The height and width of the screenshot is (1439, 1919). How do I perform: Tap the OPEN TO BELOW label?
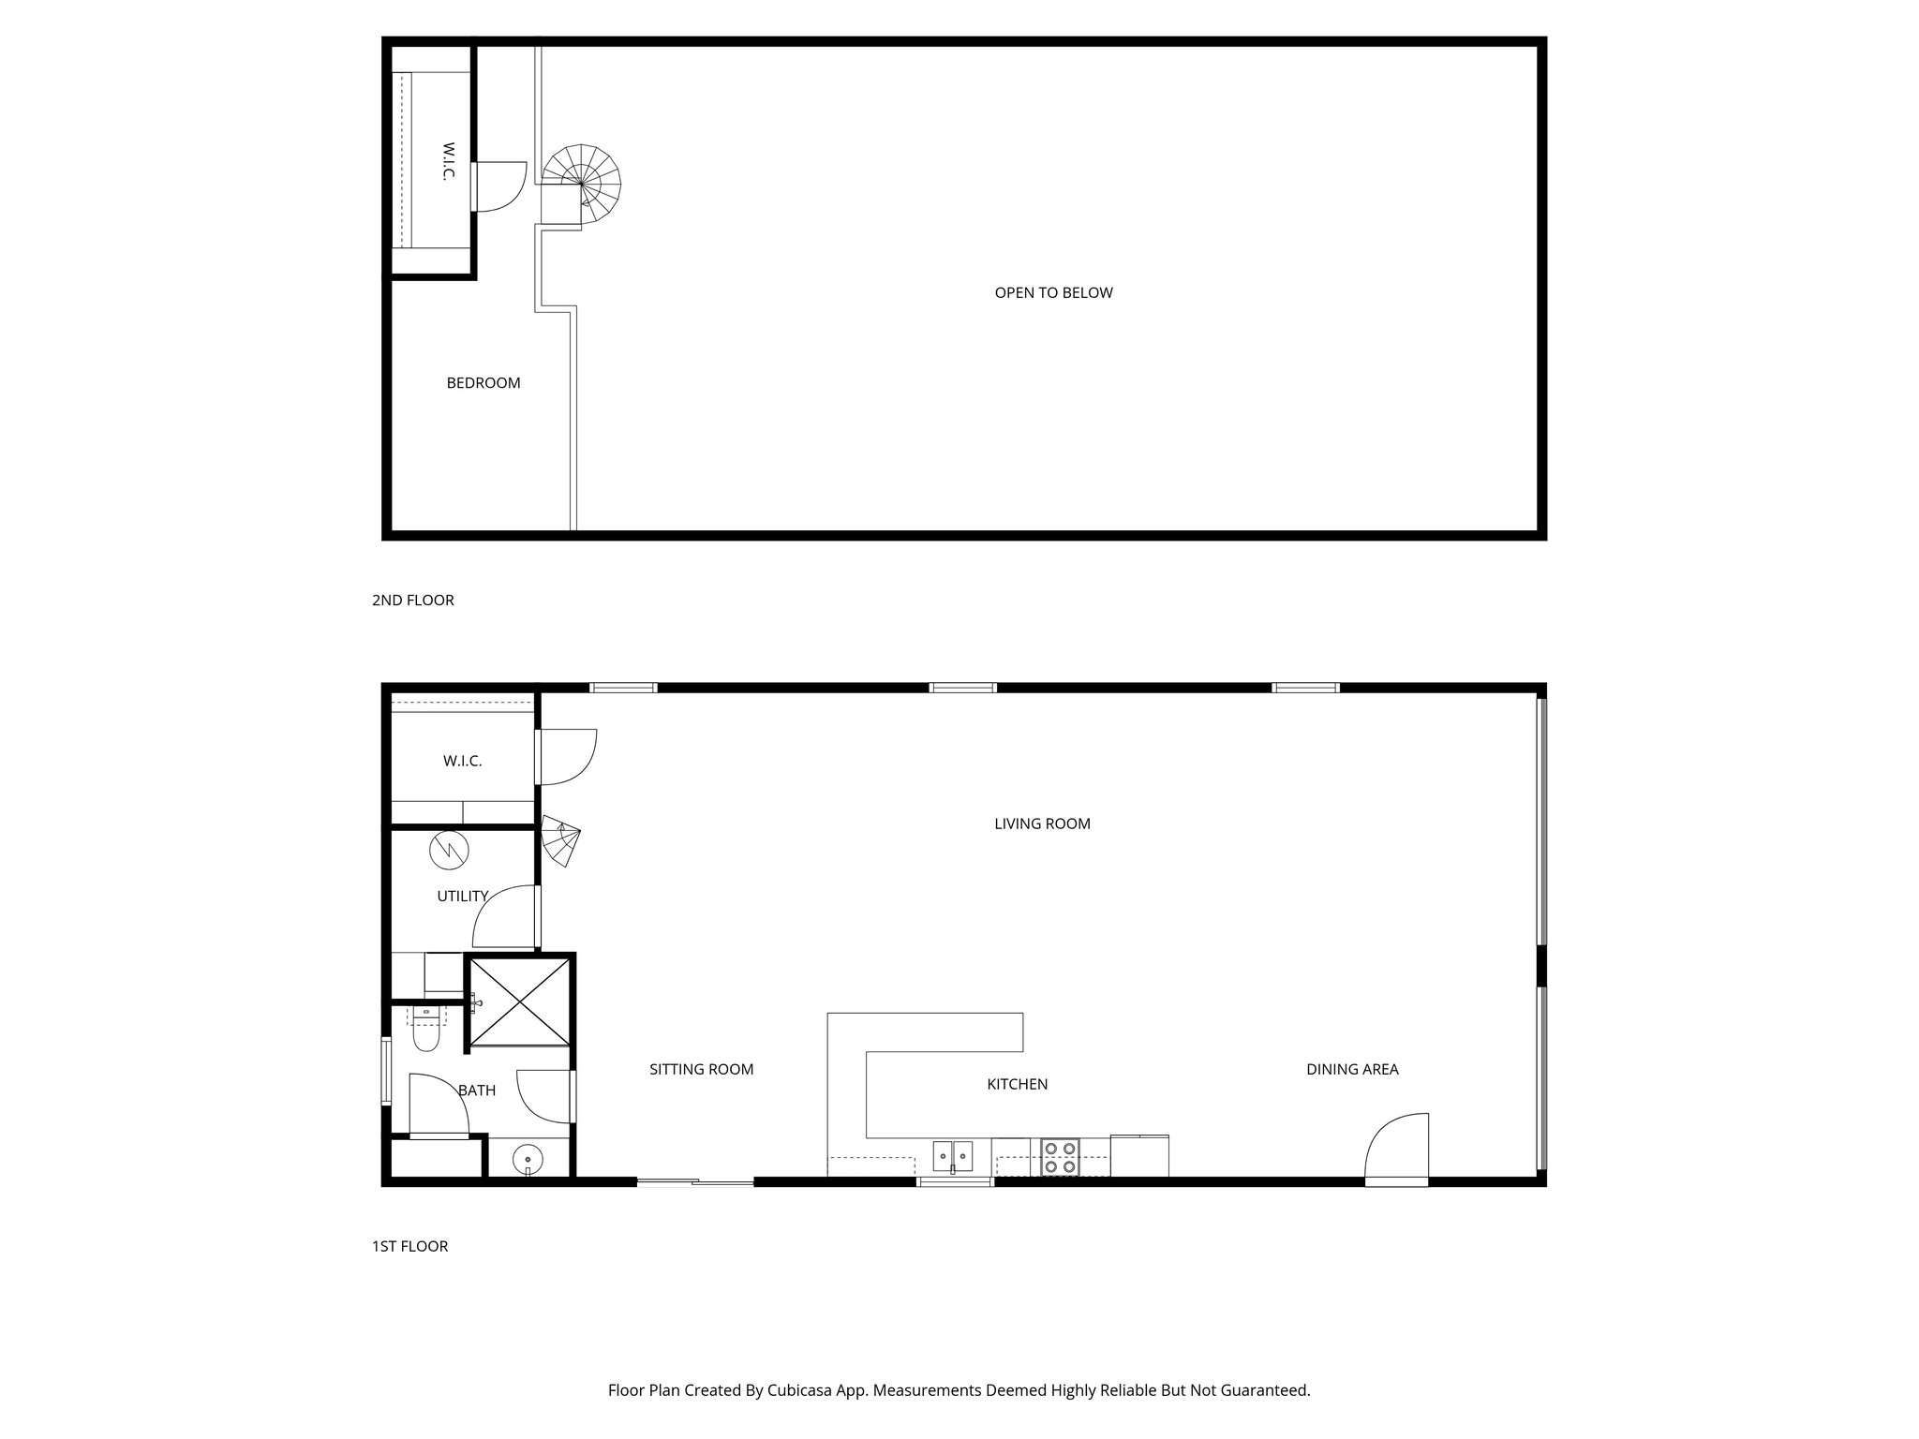click(x=1053, y=292)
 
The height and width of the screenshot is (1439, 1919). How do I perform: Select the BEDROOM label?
click(x=483, y=382)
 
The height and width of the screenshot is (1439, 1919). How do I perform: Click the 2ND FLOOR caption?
click(x=412, y=600)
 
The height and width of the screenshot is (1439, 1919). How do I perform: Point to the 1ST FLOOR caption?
click(x=409, y=1246)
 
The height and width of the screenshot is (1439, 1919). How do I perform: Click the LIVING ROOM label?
click(x=1042, y=823)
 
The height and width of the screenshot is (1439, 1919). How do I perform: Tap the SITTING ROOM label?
click(x=701, y=1069)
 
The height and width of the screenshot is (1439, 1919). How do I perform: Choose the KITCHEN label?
click(x=1017, y=1084)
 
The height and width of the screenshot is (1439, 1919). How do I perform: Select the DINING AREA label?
click(x=1352, y=1069)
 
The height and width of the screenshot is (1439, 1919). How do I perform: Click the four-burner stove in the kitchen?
click(x=1060, y=1157)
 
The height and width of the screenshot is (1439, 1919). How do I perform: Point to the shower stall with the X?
click(x=519, y=1001)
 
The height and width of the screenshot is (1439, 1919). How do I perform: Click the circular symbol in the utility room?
click(x=448, y=850)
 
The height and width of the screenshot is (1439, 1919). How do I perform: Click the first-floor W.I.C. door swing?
click(x=565, y=757)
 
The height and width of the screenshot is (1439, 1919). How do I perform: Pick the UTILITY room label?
click(x=462, y=897)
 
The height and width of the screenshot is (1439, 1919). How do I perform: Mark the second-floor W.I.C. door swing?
click(x=499, y=186)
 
